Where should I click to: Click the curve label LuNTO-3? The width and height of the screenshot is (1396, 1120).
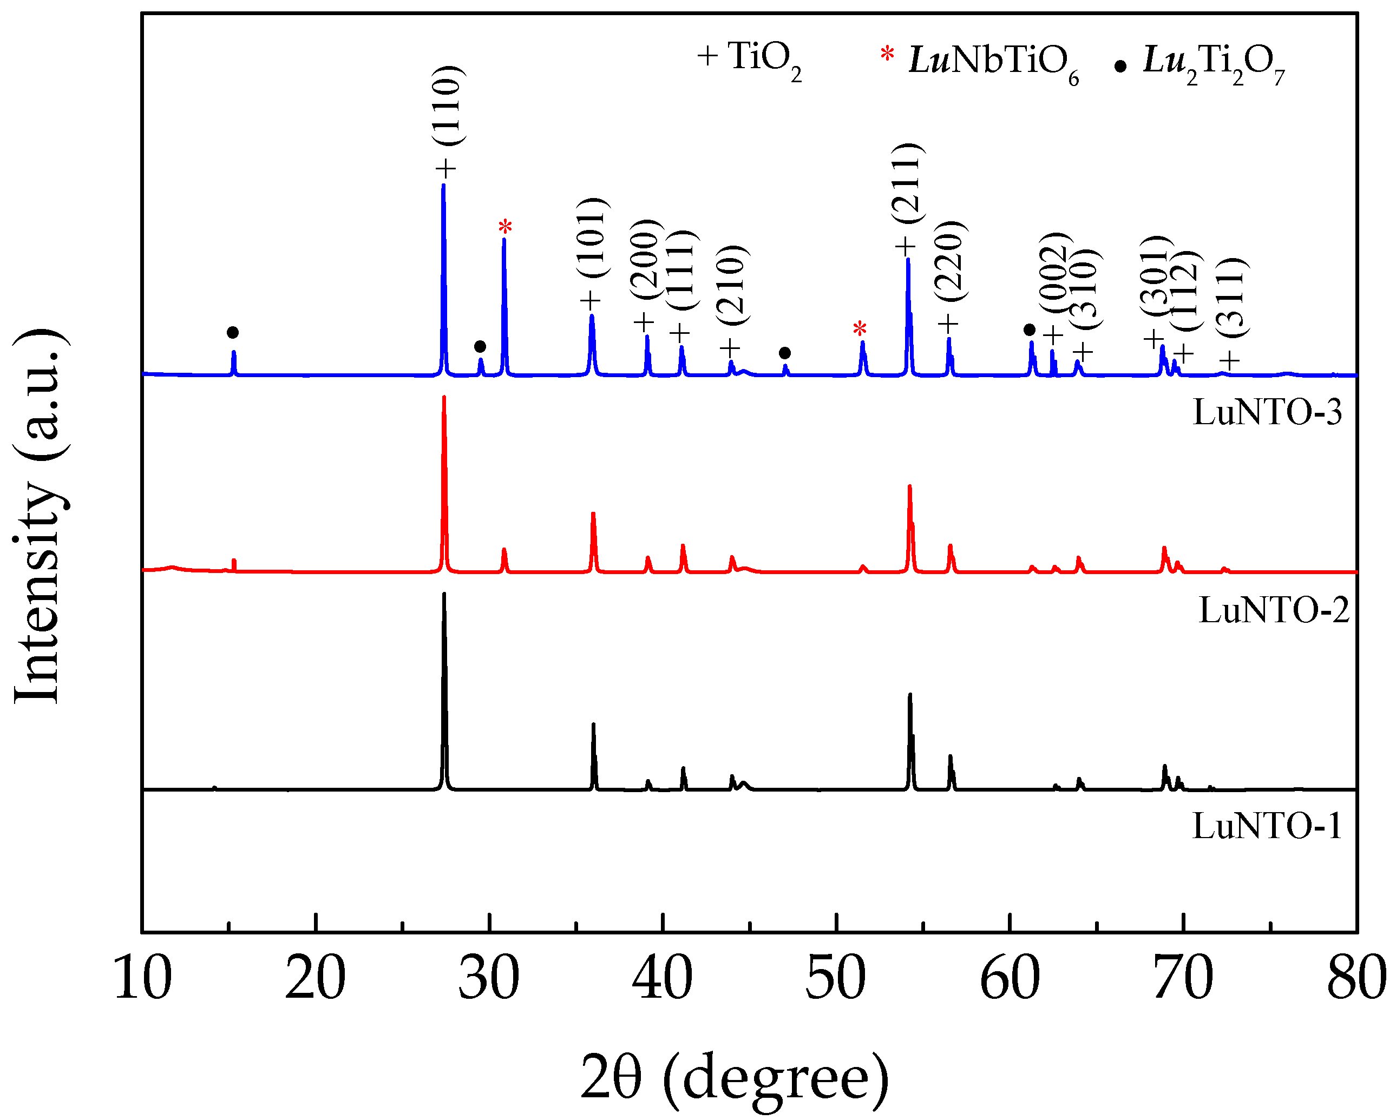point(1267,412)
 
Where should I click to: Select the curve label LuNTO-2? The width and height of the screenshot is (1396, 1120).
point(1274,610)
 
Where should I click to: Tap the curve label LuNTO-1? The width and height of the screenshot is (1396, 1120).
point(1267,826)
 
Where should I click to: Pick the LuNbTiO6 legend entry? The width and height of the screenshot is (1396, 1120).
point(981,62)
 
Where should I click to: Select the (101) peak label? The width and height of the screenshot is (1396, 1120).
point(593,238)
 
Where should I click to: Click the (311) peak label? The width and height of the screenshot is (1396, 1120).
point(1230,297)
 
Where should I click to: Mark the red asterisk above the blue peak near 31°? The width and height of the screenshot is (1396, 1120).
point(505,227)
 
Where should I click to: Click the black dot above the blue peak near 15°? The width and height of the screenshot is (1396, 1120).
point(233,333)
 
